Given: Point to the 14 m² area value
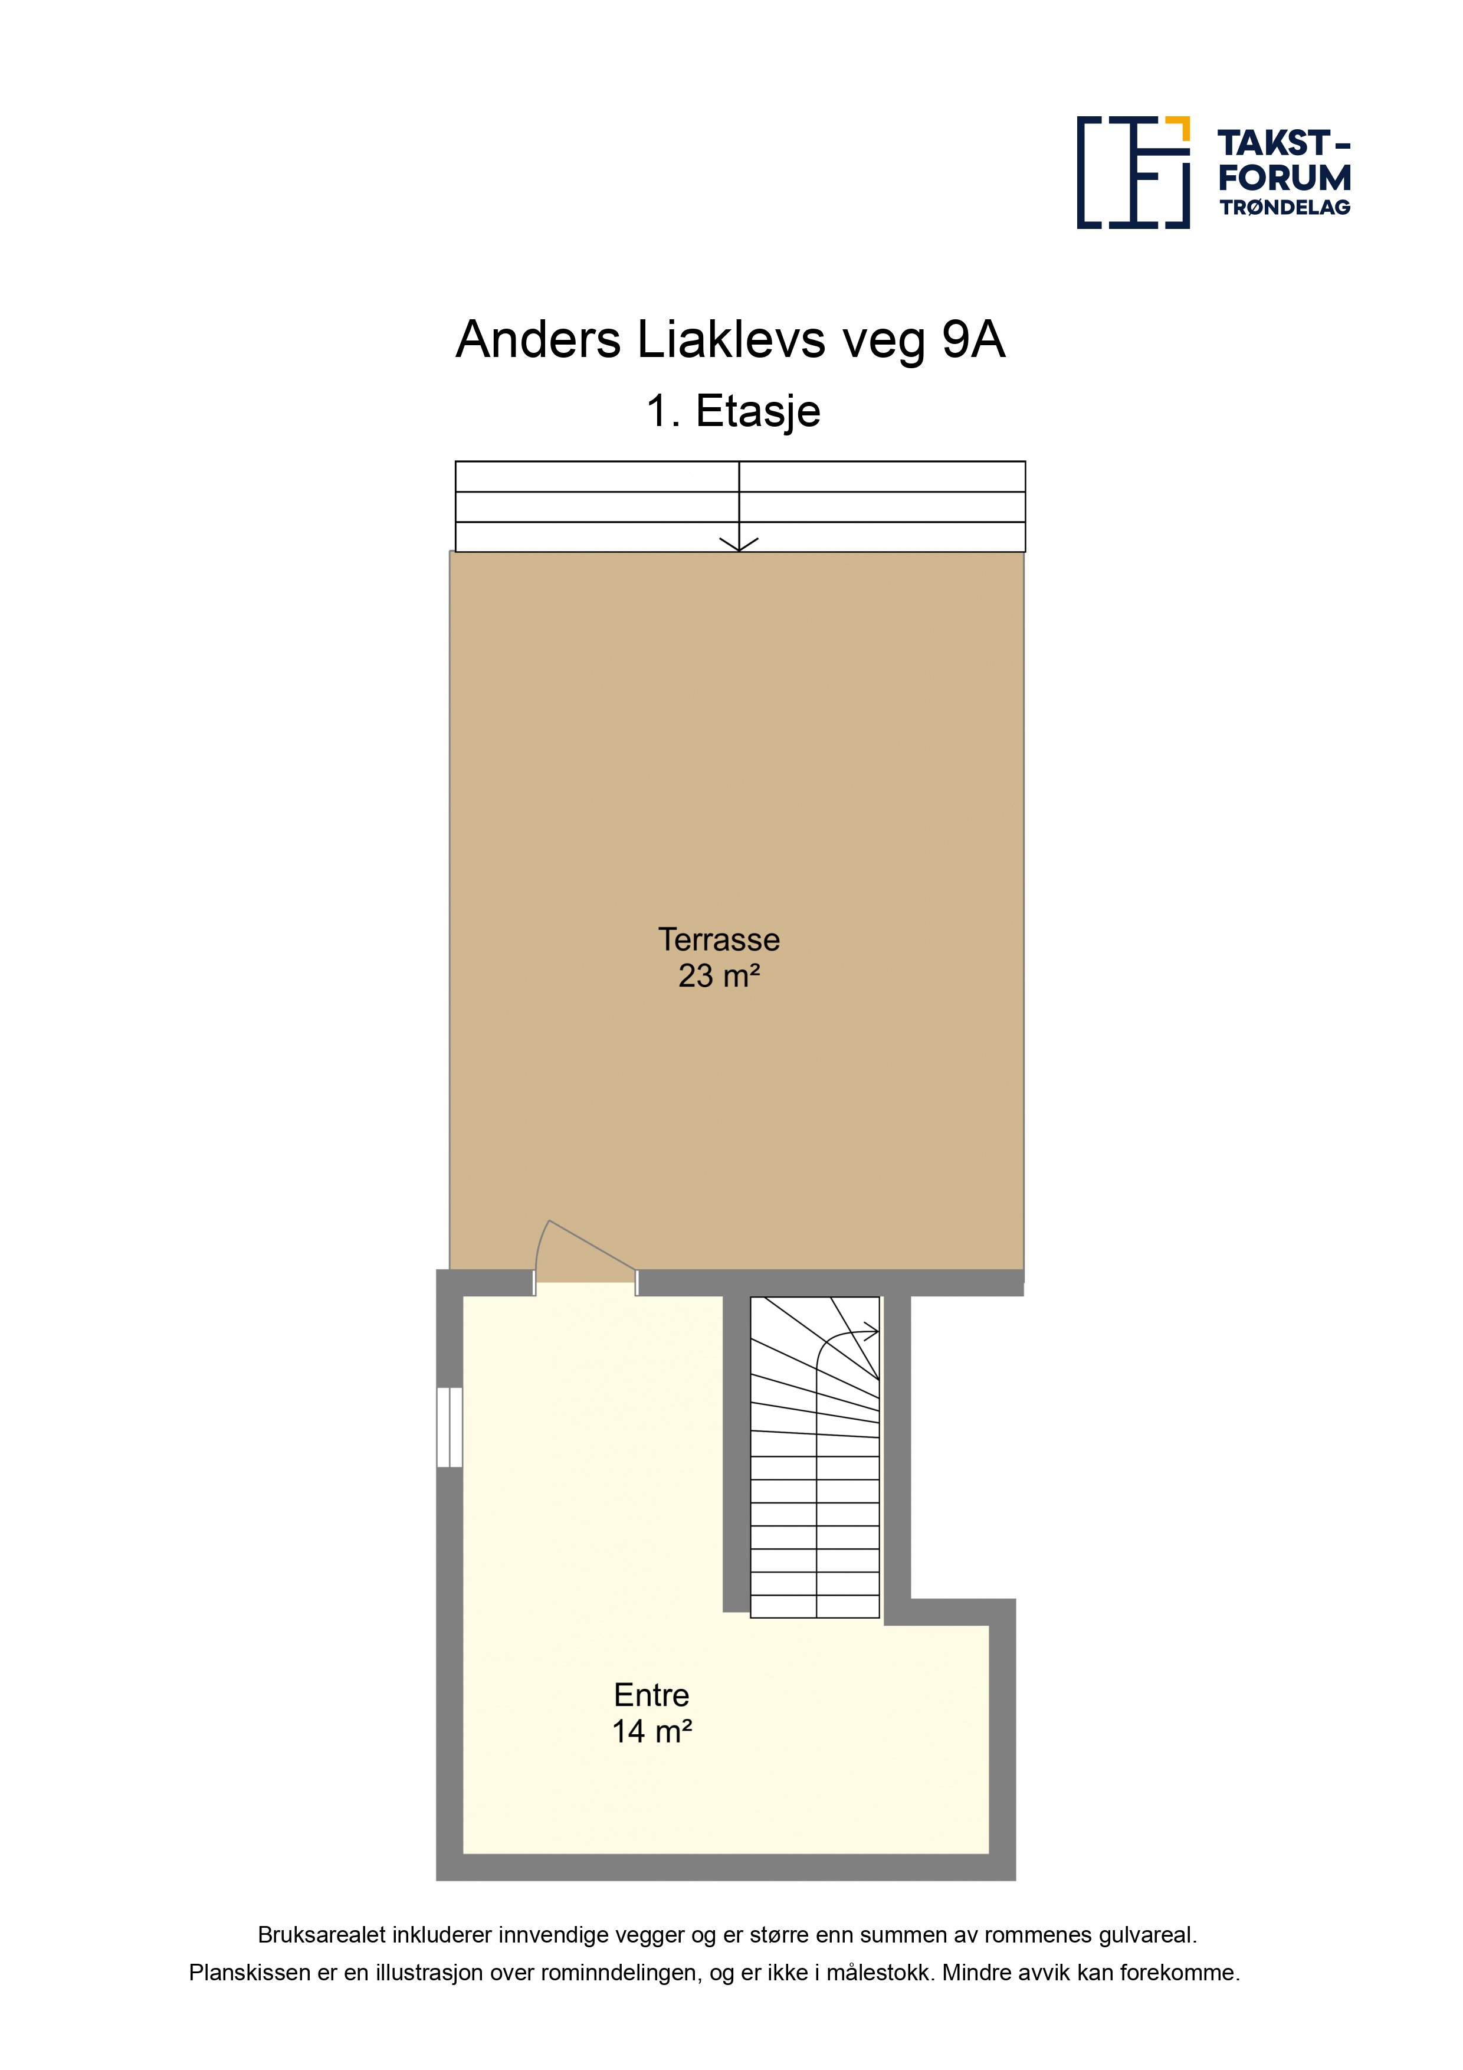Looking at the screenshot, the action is coord(652,1731).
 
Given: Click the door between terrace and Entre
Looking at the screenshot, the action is coord(586,1257).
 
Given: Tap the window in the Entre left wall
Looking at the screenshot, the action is coord(449,1427).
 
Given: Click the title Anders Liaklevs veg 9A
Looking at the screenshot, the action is coord(730,340).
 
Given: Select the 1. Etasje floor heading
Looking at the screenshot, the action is coord(733,411).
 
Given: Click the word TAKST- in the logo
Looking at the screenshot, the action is coord(1284,143).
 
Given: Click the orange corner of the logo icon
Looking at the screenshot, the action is coord(1180,127).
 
